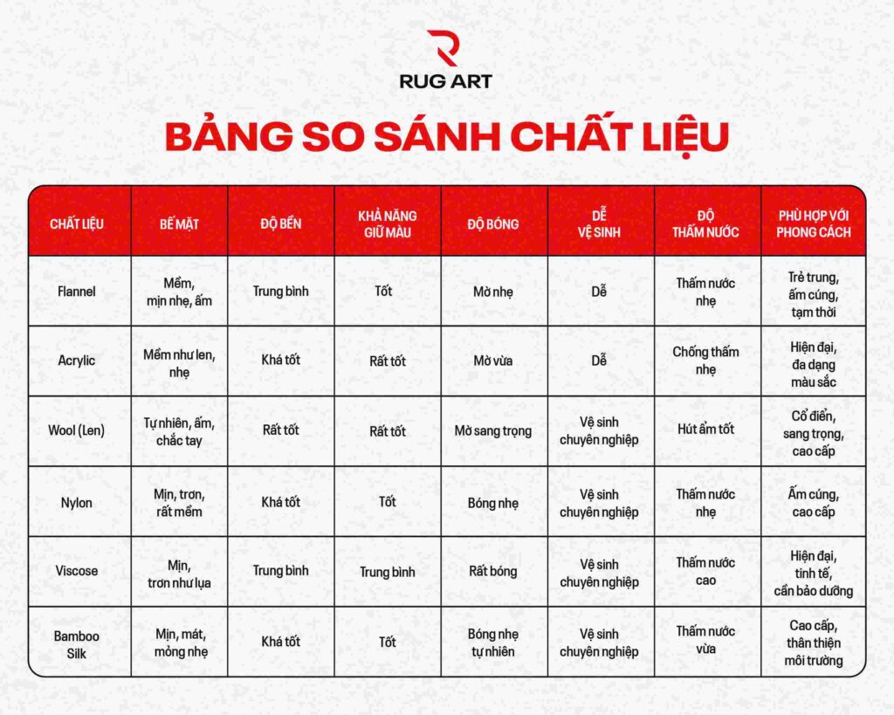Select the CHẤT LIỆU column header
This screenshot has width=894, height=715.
[x=77, y=223]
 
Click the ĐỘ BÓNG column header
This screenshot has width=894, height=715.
[x=493, y=223]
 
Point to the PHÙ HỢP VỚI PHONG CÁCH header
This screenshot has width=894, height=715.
[x=814, y=223]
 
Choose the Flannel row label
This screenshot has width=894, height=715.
[x=77, y=292]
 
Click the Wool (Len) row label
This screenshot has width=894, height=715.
[x=77, y=431]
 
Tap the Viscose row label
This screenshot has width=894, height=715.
[x=77, y=572]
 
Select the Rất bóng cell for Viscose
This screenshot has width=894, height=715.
[x=493, y=572]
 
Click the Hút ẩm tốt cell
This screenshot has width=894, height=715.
[x=706, y=430]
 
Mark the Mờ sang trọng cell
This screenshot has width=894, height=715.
[x=493, y=431]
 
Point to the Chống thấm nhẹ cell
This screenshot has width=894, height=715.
[x=706, y=361]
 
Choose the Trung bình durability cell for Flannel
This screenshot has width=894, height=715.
[x=280, y=292]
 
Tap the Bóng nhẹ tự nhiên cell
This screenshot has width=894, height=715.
[x=493, y=643]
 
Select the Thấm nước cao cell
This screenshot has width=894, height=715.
[x=706, y=571]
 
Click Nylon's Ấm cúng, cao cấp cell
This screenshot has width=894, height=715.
[x=814, y=503]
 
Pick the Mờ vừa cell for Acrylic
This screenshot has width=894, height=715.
[x=493, y=361]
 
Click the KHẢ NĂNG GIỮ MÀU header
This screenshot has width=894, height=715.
[x=387, y=223]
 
